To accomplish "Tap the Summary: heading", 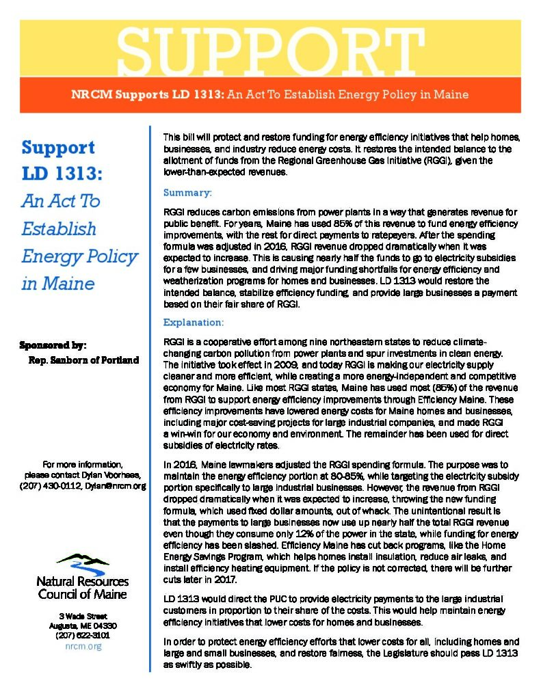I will tap(187, 193).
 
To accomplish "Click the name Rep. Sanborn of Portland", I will tap(83, 360).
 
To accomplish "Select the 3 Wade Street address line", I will tap(83, 616).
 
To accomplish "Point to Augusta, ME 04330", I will tap(83, 625).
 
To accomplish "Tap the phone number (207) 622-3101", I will tap(83, 635).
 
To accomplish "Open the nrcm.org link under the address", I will tap(83, 646).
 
